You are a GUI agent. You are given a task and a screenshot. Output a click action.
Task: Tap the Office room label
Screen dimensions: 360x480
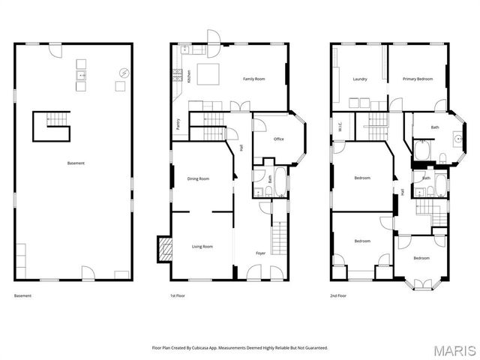coord(278,139)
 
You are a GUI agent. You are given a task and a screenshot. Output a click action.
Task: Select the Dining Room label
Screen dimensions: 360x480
coord(198,178)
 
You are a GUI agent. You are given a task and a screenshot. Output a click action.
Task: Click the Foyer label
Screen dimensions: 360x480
coord(260,253)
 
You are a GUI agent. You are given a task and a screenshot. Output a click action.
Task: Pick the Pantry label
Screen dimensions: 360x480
coord(178,124)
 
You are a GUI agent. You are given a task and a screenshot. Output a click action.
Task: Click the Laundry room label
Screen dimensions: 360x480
coord(359,79)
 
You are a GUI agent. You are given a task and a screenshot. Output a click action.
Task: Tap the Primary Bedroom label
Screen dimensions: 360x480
coord(417,79)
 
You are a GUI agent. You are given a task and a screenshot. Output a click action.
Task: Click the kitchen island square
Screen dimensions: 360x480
coord(208,73)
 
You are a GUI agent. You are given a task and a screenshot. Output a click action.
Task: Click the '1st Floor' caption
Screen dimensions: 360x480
coord(178,296)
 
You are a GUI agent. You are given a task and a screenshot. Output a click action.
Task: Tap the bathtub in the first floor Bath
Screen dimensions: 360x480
coord(280,180)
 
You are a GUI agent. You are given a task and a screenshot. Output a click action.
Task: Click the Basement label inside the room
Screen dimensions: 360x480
coord(76,163)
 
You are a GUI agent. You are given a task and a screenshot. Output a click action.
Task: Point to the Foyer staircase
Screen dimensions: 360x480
coord(279,239)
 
